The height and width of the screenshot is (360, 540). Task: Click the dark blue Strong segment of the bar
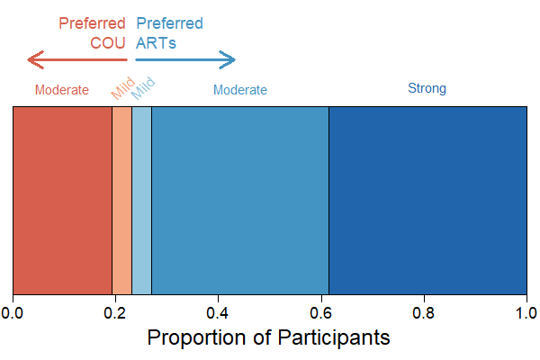(427, 200)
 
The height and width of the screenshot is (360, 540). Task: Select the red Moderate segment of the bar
(62, 200)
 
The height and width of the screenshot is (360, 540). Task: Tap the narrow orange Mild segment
(121, 200)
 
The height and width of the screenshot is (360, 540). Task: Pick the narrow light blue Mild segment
(141, 200)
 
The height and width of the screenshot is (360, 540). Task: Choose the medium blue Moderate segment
(239, 200)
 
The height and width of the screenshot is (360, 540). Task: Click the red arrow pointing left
(77, 60)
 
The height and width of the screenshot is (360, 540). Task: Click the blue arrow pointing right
(185, 60)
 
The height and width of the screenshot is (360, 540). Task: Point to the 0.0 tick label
(13, 312)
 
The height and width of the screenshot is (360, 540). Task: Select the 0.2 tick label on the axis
(115, 312)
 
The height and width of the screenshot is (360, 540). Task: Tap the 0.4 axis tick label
(218, 312)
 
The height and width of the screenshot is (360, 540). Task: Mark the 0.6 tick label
(321, 312)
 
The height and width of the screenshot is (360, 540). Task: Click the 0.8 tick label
(424, 312)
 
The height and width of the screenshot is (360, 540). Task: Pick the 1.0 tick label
(526, 312)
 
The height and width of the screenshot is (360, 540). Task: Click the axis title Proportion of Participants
(268, 338)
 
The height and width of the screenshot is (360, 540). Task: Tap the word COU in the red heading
(108, 41)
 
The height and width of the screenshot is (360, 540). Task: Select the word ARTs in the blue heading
(156, 41)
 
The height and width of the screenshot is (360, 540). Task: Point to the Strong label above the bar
(427, 88)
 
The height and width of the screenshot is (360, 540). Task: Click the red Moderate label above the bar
(61, 90)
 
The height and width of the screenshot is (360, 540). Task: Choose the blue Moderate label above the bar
(239, 90)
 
